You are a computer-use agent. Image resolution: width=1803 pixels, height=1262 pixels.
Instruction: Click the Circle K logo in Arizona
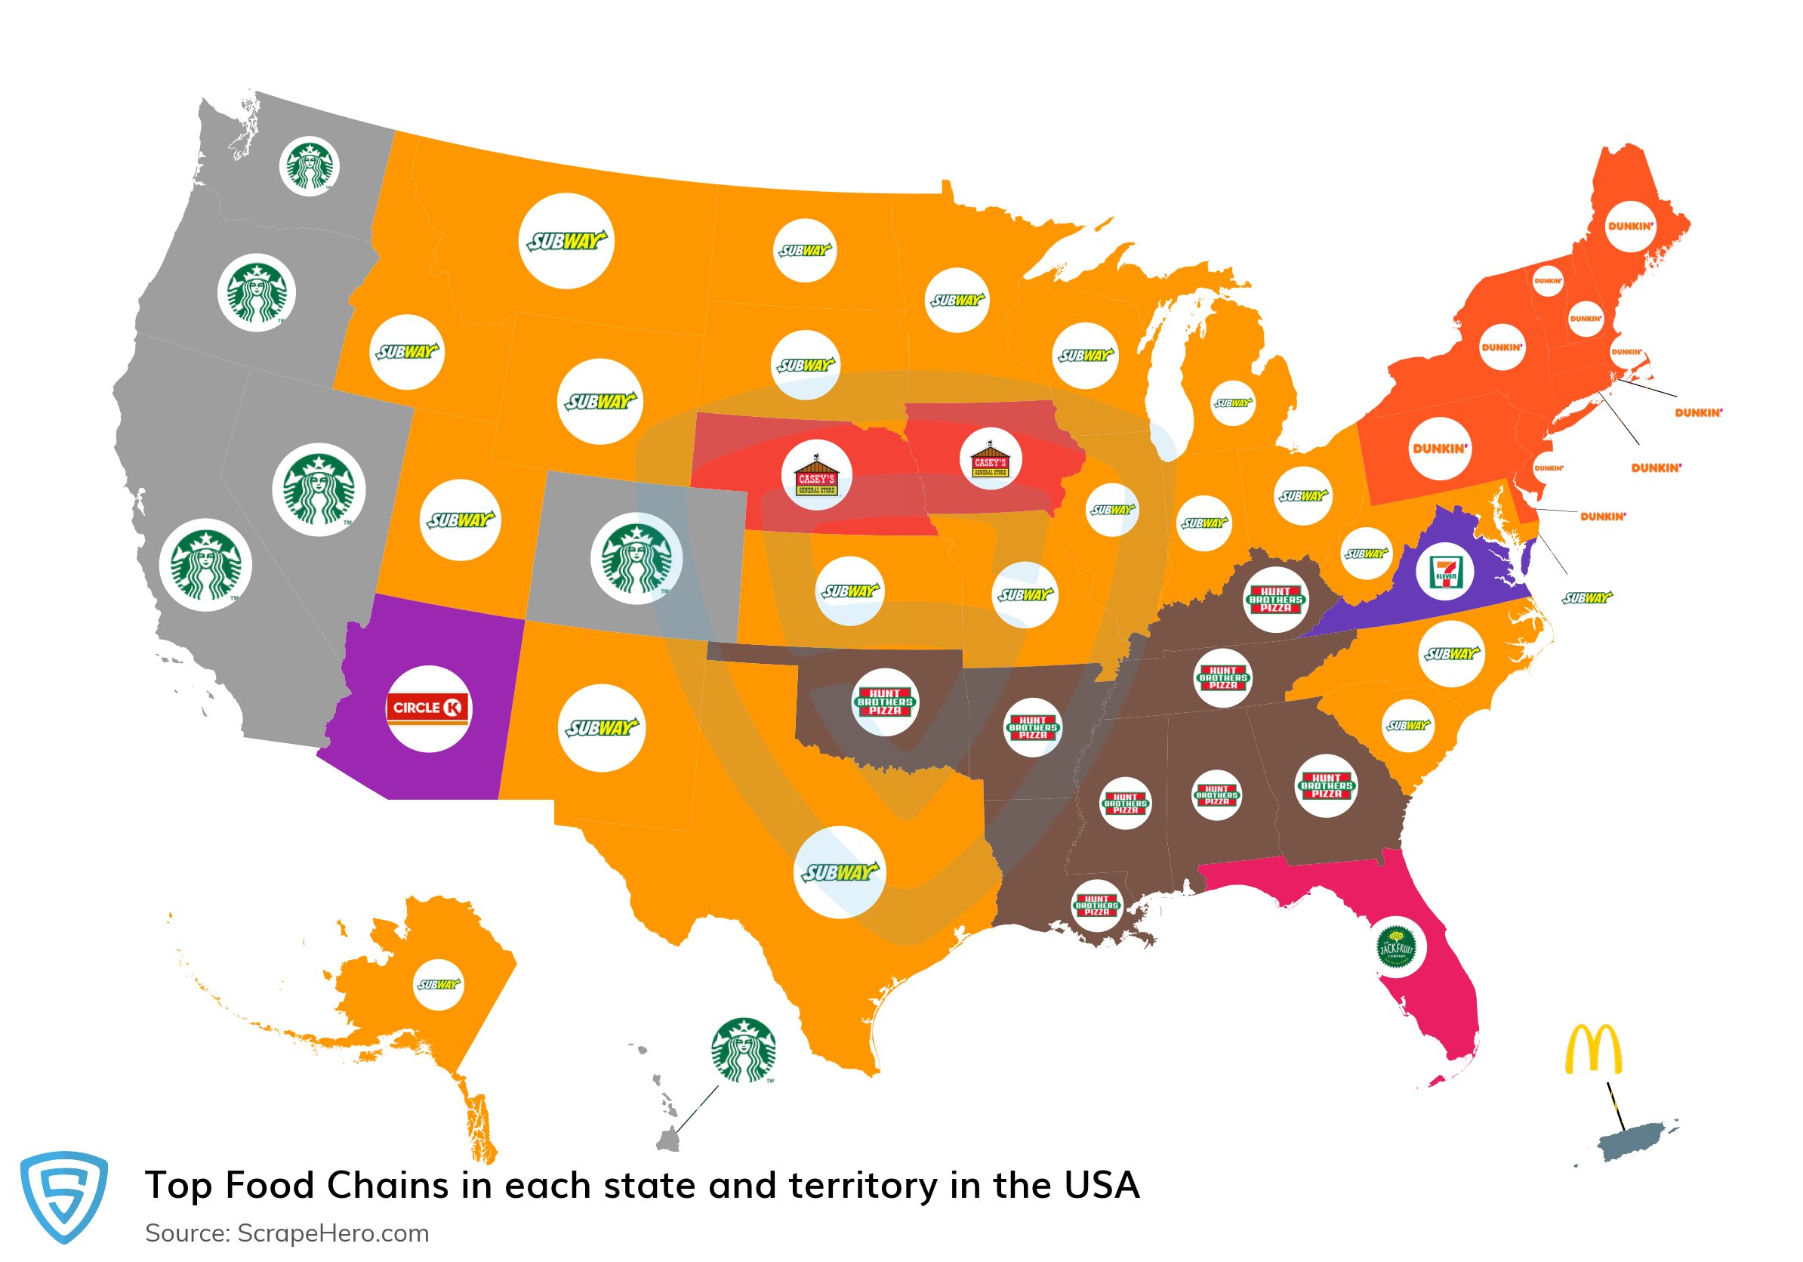[428, 708]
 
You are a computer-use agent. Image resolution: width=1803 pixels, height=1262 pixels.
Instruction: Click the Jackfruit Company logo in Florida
[1396, 948]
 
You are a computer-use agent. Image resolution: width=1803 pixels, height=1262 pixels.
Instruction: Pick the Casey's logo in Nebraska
[817, 475]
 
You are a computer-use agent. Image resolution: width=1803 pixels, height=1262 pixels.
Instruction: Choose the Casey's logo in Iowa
[991, 459]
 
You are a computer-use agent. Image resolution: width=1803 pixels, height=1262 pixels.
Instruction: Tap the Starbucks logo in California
[205, 565]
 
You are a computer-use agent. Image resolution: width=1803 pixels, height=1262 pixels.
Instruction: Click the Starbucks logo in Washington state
[310, 165]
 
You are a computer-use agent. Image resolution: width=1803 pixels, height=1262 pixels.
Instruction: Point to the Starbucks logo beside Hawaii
[743, 1050]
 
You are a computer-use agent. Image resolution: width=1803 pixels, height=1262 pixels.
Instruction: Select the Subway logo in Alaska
[438, 985]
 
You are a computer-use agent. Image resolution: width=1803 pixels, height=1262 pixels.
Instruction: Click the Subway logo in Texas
[840, 872]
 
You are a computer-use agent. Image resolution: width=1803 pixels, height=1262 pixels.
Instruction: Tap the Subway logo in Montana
[566, 241]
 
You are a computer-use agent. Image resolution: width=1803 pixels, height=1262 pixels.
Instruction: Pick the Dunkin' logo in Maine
[1630, 226]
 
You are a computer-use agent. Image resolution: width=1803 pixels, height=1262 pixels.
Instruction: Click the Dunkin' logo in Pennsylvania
[1439, 449]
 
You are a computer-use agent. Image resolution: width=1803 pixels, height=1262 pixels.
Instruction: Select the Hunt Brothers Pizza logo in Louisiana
[1097, 906]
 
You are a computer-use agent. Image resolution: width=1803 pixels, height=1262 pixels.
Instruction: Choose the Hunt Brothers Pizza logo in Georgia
[1327, 786]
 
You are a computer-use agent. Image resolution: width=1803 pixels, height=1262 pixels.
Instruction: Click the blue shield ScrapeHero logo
[63, 1196]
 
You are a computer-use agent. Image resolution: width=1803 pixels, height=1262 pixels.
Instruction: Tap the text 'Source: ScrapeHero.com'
[287, 1233]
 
